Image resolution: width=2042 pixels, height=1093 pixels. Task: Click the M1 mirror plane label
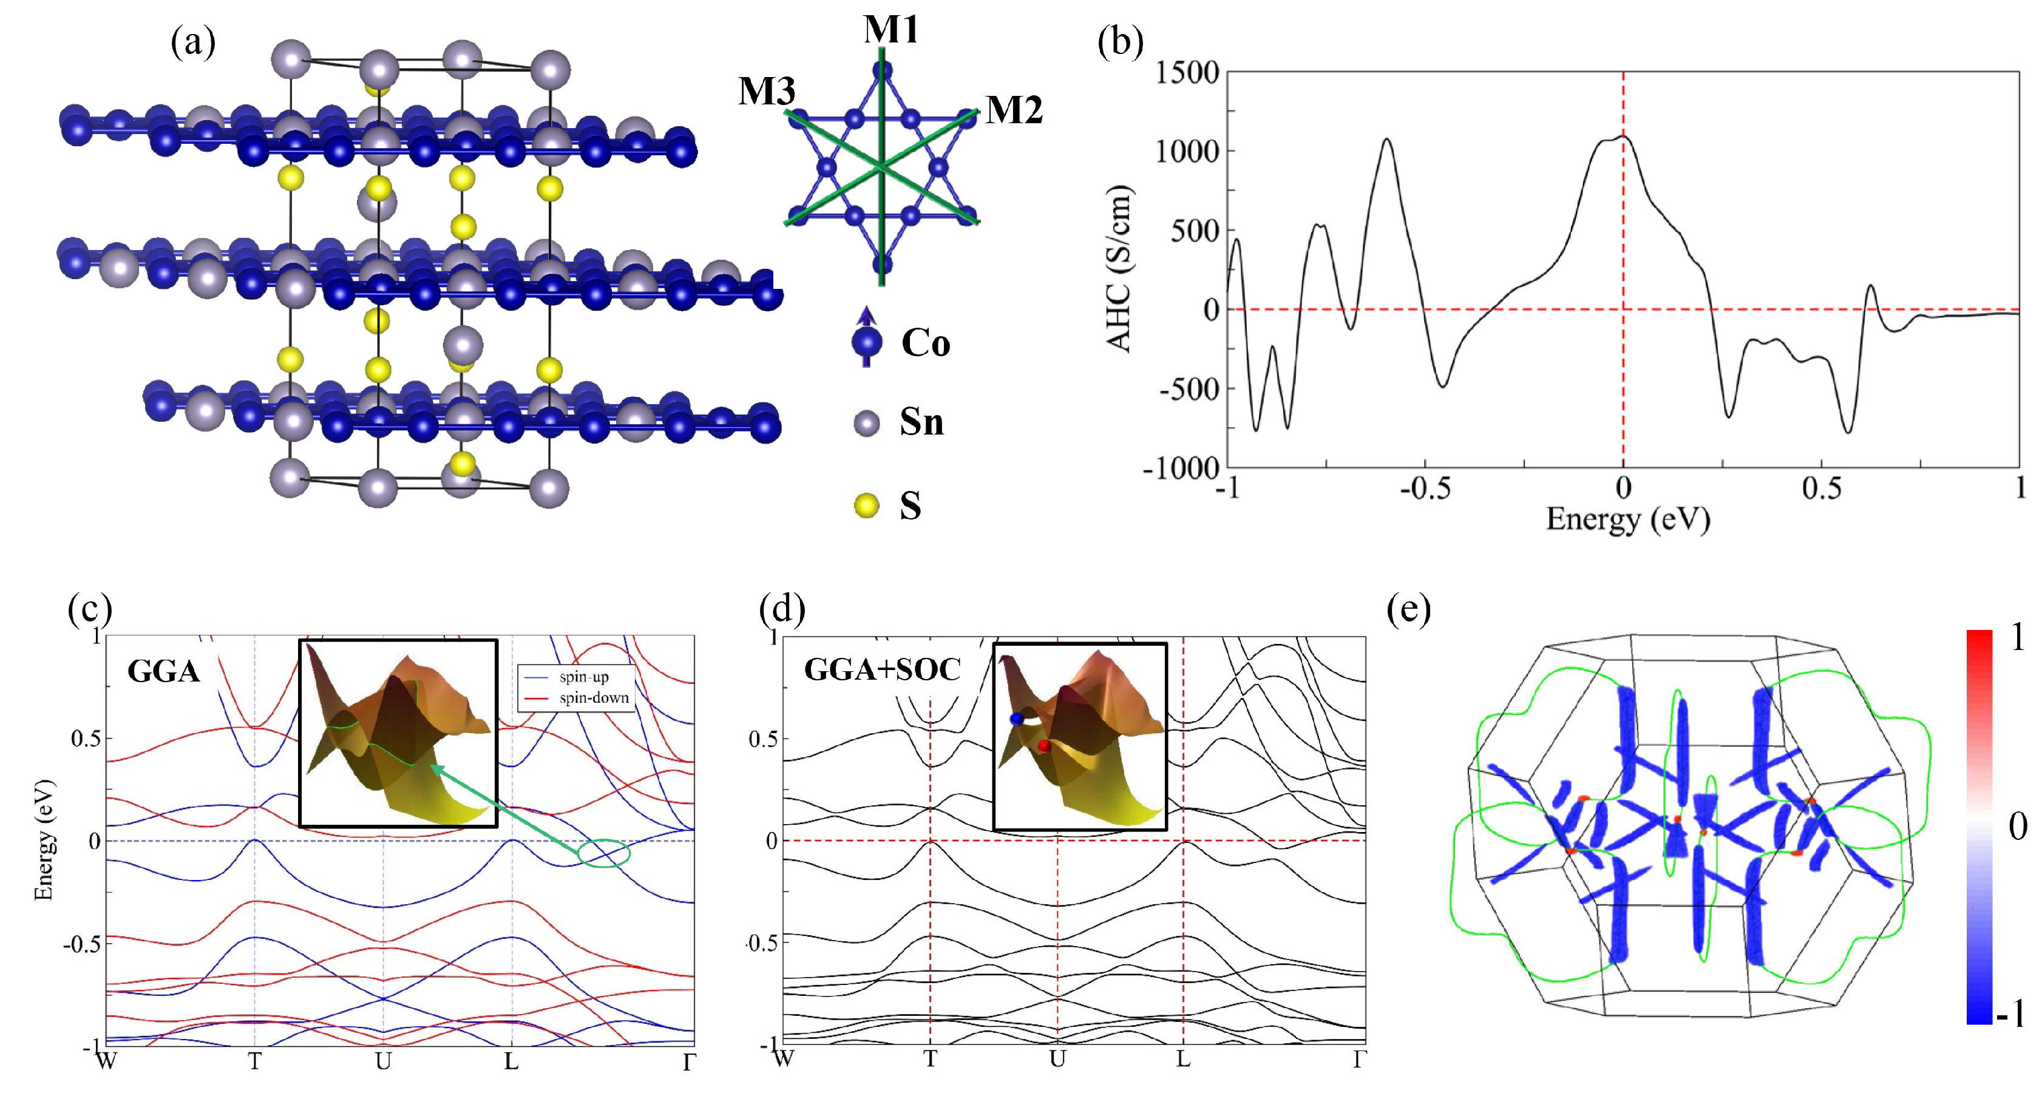point(890,30)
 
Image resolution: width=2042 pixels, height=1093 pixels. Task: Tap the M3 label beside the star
point(767,91)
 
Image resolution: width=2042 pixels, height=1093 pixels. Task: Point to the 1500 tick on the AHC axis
point(1187,73)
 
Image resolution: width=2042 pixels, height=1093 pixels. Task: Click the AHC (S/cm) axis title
point(1118,268)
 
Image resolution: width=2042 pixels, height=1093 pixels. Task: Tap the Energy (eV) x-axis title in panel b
point(1627,520)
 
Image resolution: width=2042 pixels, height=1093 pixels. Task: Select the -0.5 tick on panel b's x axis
point(1425,489)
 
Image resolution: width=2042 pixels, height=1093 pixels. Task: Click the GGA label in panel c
point(163,671)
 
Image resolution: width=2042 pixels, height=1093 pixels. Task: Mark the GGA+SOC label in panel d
point(882,670)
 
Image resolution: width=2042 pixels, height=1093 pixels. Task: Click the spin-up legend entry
point(583,677)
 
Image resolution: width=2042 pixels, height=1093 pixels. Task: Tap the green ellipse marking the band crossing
point(604,852)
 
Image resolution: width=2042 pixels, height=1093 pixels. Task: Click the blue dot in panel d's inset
point(1016,719)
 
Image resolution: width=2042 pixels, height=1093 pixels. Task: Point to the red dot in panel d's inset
point(1043,746)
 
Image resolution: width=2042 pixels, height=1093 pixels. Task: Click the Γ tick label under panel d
point(1359,1060)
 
